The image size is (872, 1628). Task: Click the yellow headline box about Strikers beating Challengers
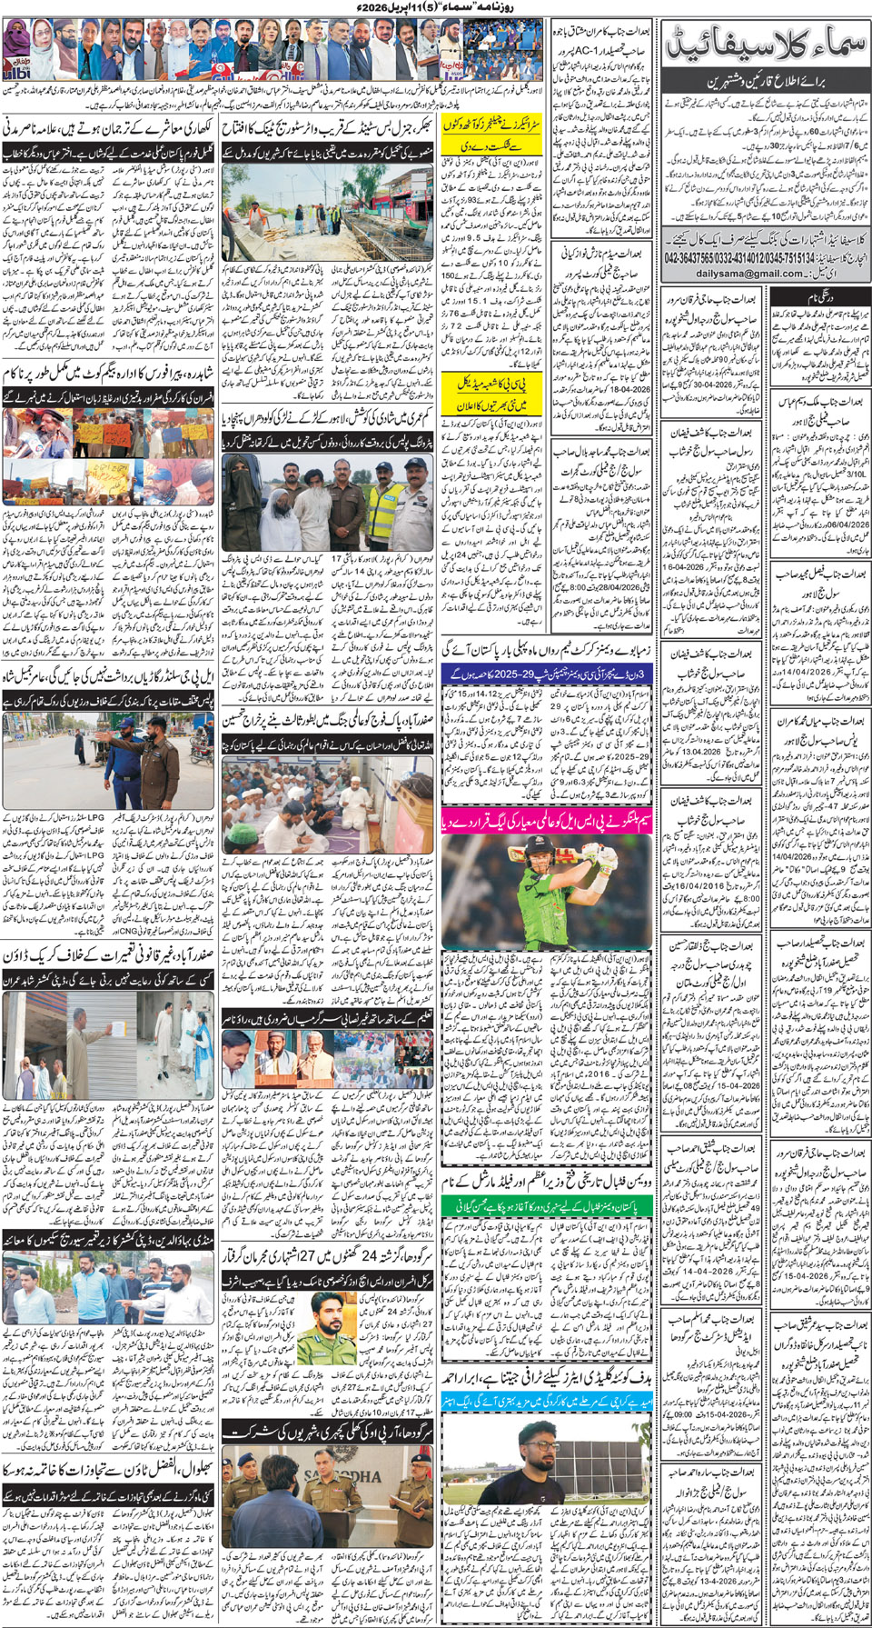pos(493,135)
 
